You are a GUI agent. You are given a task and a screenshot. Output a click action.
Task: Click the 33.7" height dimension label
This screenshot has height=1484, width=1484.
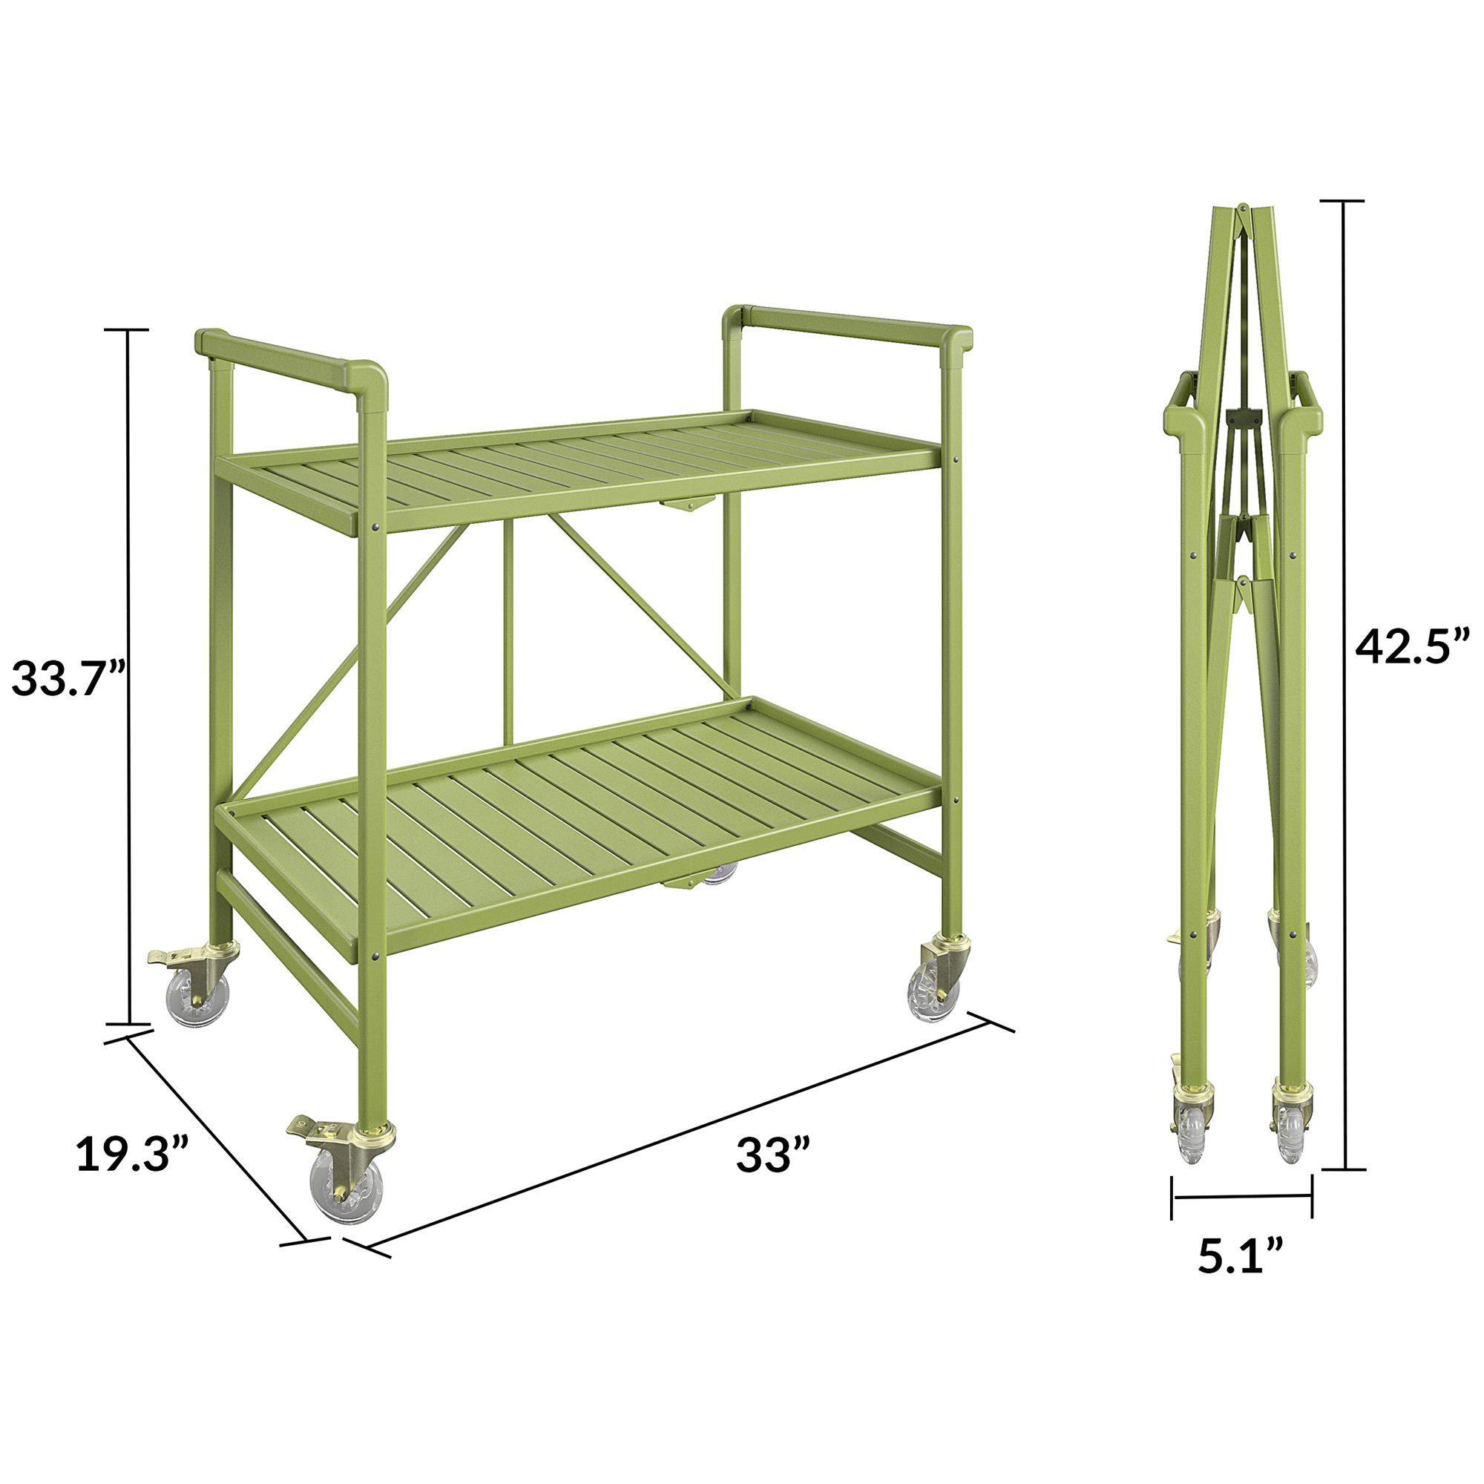[x=68, y=677]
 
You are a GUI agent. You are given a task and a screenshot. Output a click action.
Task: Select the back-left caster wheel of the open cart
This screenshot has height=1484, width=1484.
[x=198, y=997]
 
